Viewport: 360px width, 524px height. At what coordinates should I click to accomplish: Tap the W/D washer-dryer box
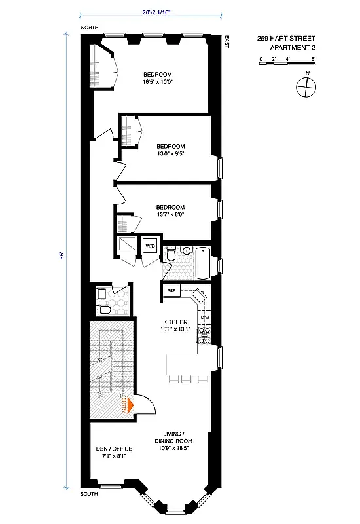pyautogui.click(x=151, y=246)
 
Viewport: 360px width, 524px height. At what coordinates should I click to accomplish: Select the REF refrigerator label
pyautogui.click(x=171, y=290)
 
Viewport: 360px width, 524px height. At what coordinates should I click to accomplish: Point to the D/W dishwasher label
pyautogui.click(x=204, y=318)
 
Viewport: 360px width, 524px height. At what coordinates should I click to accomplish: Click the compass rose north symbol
pyautogui.click(x=304, y=86)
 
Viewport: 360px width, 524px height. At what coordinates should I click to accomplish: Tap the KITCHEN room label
pyautogui.click(x=175, y=322)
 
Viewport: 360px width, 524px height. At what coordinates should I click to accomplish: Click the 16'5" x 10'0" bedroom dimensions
pyautogui.click(x=157, y=83)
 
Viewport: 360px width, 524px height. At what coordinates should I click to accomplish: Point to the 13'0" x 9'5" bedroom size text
pyautogui.click(x=171, y=155)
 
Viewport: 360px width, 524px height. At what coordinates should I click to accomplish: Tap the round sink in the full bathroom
pyautogui.click(x=185, y=250)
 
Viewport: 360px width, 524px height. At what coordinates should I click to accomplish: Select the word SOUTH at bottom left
pyautogui.click(x=89, y=494)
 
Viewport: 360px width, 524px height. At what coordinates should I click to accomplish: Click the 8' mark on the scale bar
pyautogui.click(x=314, y=59)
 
